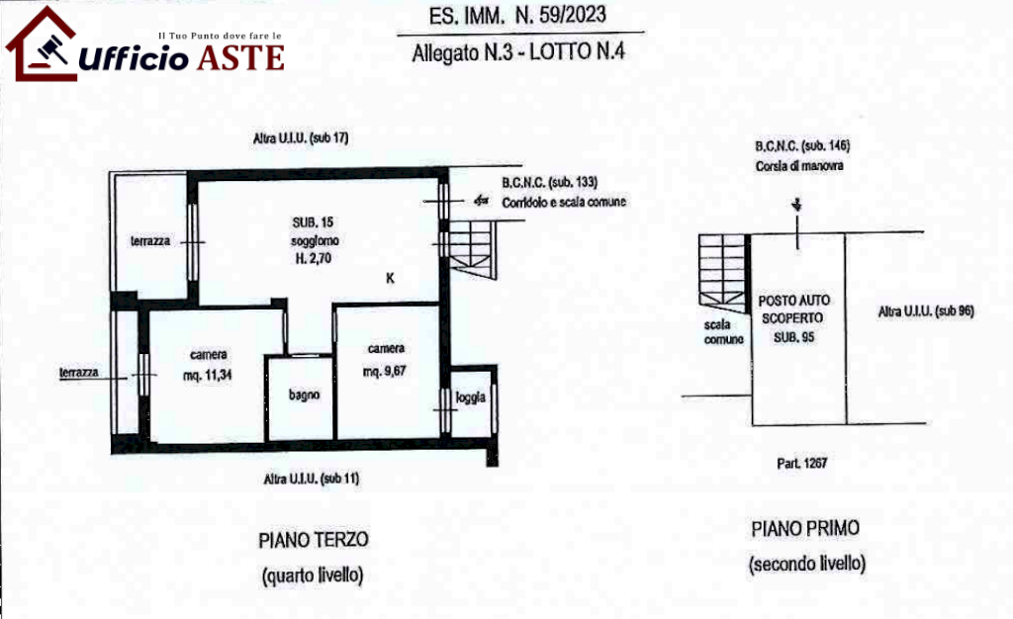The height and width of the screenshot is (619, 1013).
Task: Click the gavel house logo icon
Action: pos(41,44)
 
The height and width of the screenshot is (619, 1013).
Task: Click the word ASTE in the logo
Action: pos(240,58)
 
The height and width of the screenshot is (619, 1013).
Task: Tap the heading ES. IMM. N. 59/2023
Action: pos(517,16)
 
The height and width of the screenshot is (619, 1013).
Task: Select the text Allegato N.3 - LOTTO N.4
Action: pos(518,52)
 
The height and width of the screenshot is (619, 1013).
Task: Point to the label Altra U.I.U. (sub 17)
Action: pos(301,138)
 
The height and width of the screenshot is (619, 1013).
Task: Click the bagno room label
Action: pos(304,395)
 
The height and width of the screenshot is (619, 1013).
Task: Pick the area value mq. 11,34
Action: pos(208,375)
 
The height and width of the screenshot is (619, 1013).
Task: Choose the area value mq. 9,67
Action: pos(385,371)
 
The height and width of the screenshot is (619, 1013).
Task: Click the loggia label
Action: pos(470,398)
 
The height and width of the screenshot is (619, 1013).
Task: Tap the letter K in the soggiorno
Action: pos(390,278)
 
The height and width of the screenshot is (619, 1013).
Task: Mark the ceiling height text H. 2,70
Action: pos(314,258)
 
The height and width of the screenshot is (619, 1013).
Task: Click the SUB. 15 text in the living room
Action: pos(313,222)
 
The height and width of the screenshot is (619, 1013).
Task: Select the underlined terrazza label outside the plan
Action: pos(79,373)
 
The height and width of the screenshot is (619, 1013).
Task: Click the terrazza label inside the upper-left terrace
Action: pos(150,240)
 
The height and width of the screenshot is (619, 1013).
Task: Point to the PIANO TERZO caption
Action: pos(314,540)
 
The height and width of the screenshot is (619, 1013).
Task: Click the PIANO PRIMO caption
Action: pos(805,529)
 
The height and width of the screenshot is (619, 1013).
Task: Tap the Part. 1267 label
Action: pos(801,463)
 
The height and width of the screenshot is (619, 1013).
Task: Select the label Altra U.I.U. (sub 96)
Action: pos(926,311)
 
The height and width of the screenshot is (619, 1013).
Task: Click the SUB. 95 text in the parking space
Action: pos(794,337)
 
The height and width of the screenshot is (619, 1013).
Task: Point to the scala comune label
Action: pos(723,332)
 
